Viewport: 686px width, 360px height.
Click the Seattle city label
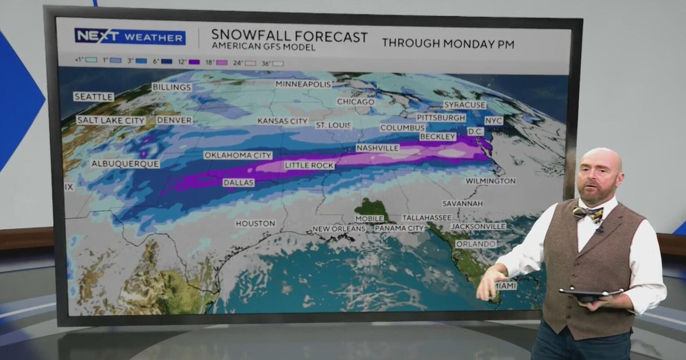coord(94,97)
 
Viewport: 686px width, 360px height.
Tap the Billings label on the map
coord(171,87)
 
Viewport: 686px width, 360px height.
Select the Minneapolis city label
coord(303,84)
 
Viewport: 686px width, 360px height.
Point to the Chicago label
coord(356,102)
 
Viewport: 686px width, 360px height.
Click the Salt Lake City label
coord(111,121)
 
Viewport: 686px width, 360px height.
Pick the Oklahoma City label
coord(238,155)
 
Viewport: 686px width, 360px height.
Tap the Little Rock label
coord(309,166)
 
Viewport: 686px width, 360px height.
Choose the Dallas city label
coord(238,183)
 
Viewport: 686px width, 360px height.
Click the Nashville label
coord(377,148)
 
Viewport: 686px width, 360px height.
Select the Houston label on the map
coord(256,223)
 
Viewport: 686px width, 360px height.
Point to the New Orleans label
coord(338,229)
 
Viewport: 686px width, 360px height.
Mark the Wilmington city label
coord(490,181)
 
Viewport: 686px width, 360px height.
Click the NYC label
coord(494,121)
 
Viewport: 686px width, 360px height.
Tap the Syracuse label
coord(465,105)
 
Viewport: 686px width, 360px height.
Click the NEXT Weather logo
coord(130,37)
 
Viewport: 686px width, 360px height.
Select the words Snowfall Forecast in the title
coord(289,37)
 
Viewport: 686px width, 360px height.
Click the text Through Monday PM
coord(448,43)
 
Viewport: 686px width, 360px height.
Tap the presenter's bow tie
coord(588,214)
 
